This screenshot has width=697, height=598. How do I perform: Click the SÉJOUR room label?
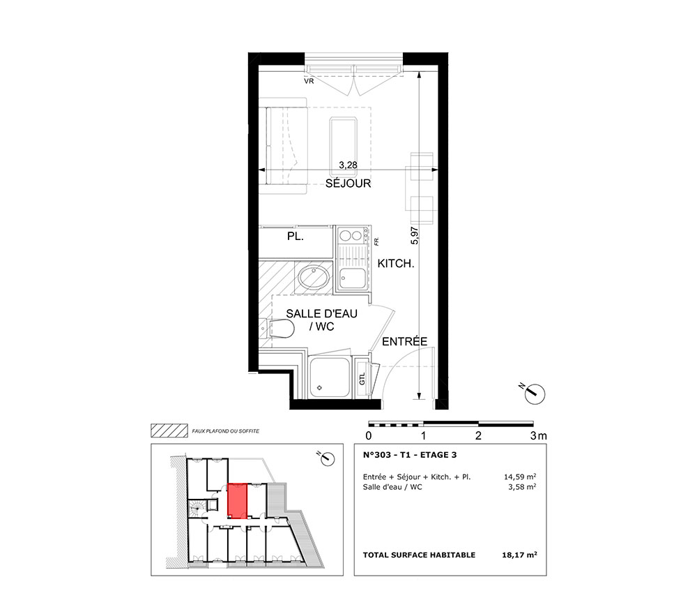tap(348, 184)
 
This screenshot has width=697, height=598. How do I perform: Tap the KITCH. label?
tap(396, 263)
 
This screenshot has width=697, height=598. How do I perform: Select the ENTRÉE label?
tap(404, 341)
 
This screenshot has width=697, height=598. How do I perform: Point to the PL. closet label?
tap(295, 237)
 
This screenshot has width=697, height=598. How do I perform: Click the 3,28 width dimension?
tap(348, 165)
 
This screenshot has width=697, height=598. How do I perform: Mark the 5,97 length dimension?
tap(415, 235)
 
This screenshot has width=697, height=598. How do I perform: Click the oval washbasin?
tap(314, 278)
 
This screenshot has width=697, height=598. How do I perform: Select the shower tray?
tap(330, 377)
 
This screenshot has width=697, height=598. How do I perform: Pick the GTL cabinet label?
tap(362, 379)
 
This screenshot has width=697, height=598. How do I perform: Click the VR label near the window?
tap(309, 82)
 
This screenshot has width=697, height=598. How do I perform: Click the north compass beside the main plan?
tap(533, 393)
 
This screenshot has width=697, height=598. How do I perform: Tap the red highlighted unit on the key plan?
tap(237, 502)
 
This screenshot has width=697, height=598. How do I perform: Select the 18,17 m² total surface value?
tap(519, 555)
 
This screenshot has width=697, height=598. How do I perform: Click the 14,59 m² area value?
tap(520, 477)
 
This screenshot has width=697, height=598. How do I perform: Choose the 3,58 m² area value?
tap(522, 487)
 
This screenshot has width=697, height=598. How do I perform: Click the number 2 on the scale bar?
tap(478, 435)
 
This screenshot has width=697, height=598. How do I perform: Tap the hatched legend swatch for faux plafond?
tap(169, 431)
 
